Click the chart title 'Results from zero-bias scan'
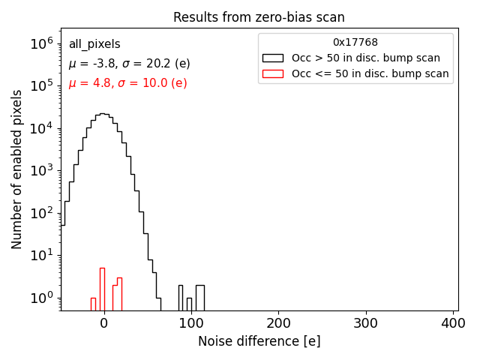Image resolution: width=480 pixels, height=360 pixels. coord(259,17)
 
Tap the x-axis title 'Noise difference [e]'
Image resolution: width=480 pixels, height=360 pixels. coord(259,341)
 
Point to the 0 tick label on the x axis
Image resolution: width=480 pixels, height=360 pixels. coord(103,323)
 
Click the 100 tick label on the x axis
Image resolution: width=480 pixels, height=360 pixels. coord(191,323)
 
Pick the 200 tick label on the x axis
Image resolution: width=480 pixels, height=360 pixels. coord(278,323)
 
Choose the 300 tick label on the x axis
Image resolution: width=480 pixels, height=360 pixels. coord(366,323)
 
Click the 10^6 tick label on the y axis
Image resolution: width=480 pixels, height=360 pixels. coord(41,43)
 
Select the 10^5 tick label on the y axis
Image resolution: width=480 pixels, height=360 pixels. coord(41,86)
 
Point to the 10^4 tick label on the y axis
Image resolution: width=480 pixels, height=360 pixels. coord(41,128)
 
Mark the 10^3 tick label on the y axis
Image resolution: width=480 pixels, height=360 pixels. coord(41,171)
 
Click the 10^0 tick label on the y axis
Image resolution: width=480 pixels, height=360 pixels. coord(41,298)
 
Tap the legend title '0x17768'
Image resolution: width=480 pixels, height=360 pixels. coord(355,43)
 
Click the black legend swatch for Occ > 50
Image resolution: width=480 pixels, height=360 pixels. coord(272,58)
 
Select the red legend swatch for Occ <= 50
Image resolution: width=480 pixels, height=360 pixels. coord(272,73)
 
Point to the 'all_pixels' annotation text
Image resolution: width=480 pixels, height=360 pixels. coord(94,44)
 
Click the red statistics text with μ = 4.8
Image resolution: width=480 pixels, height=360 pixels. coord(127,83)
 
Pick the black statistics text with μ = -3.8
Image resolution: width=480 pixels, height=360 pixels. coord(129,64)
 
